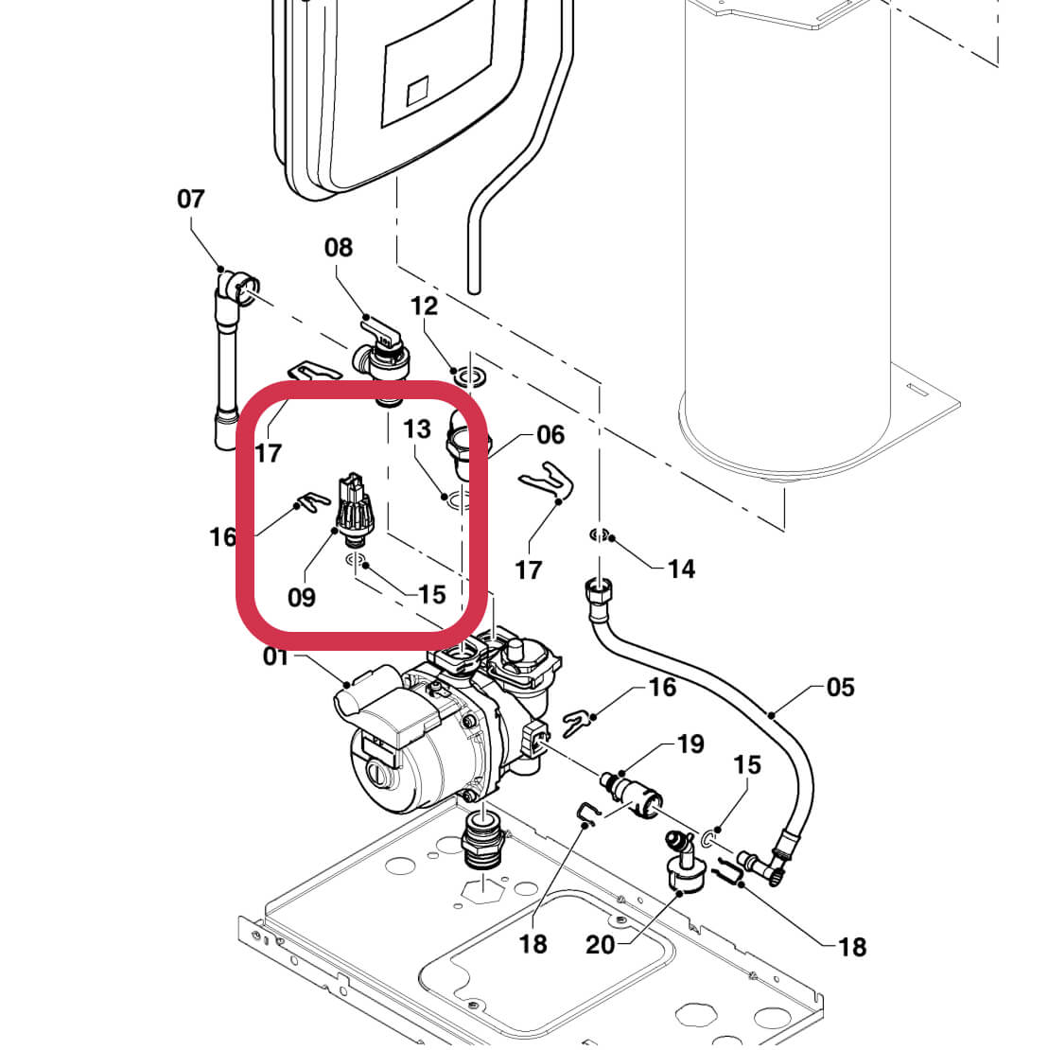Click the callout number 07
click(x=190, y=200)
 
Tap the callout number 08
click(x=338, y=248)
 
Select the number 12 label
click(x=425, y=306)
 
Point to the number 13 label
click(x=417, y=429)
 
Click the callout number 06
click(x=550, y=435)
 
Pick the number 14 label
click(x=681, y=569)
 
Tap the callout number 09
click(x=302, y=598)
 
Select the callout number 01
click(x=276, y=656)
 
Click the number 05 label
click(x=840, y=688)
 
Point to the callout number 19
click(x=690, y=744)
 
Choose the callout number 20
click(x=601, y=945)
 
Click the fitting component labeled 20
click(x=683, y=864)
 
